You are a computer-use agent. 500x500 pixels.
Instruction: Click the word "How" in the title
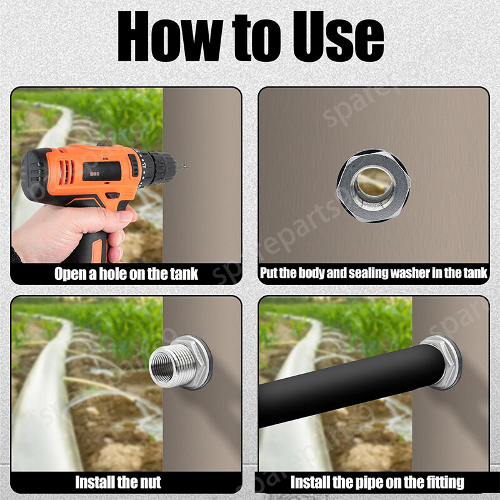(170, 36)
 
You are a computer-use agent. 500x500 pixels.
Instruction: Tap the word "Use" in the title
(338, 36)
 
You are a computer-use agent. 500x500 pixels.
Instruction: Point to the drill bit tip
(188, 166)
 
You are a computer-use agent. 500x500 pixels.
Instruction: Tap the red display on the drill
(94, 174)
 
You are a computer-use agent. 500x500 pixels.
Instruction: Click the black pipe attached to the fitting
(351, 385)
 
